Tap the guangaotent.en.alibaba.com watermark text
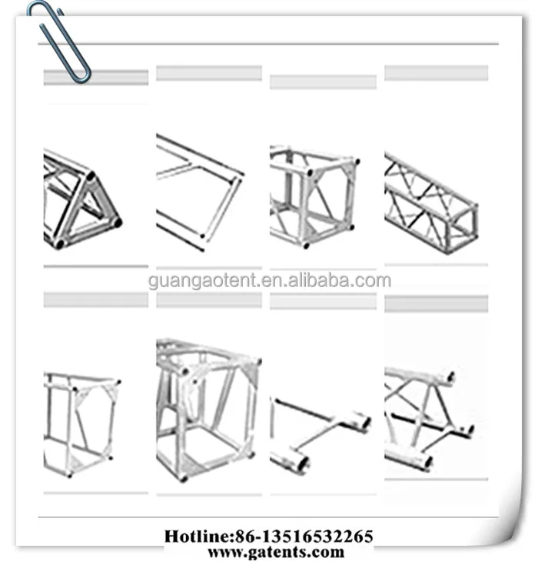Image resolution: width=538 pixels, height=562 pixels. [269, 281]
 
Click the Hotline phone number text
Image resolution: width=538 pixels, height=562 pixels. [269, 537]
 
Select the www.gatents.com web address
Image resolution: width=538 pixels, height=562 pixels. [275, 552]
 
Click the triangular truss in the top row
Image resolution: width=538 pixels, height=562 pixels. [81, 200]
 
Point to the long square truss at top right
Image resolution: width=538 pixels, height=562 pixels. [430, 202]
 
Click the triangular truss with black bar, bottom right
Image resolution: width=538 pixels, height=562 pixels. [427, 416]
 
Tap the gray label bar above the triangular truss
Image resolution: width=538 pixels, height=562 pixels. [95, 78]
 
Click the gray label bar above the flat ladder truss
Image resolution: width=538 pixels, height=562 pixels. [208, 73]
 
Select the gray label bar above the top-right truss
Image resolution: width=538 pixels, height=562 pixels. [436, 73]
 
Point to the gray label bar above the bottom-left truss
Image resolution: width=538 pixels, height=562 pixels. [95, 299]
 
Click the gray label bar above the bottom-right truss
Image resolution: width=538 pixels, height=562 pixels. [436, 304]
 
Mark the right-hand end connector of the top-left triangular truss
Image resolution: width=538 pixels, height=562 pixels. [116, 222]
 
